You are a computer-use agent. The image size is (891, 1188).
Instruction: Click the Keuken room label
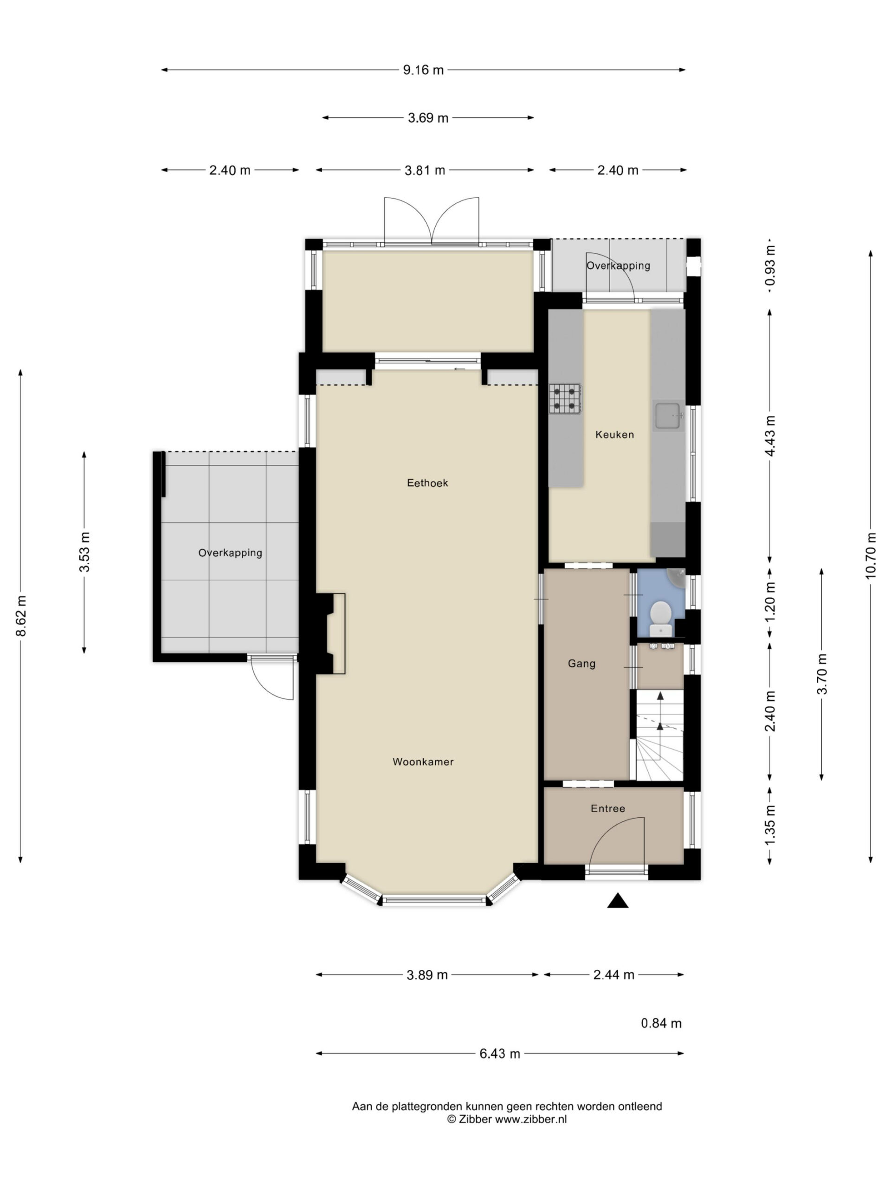(x=614, y=434)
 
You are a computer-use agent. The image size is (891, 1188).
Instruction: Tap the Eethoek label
(x=427, y=483)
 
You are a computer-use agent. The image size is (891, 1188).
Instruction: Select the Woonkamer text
(x=423, y=762)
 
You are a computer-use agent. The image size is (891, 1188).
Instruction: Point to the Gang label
(x=581, y=664)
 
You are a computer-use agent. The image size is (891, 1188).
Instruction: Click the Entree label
(x=608, y=808)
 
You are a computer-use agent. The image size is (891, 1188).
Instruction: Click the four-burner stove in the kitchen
(x=564, y=399)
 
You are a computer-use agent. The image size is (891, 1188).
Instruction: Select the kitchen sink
(x=668, y=416)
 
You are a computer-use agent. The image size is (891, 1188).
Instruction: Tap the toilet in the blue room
(x=660, y=619)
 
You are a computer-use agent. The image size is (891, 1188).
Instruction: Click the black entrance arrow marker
(x=618, y=901)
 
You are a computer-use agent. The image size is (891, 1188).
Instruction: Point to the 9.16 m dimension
(x=423, y=70)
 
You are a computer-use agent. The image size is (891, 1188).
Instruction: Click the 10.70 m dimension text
(x=871, y=556)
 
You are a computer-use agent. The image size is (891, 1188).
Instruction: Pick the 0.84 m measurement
(x=661, y=1023)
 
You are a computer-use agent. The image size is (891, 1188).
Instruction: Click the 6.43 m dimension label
(x=499, y=1054)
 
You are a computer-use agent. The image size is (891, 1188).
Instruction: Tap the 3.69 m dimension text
(x=428, y=117)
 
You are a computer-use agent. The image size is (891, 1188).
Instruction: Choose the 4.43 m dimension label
(x=770, y=436)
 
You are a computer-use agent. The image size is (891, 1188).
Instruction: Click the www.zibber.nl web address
(x=530, y=1119)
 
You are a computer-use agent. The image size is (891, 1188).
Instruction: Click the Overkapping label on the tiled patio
(x=230, y=553)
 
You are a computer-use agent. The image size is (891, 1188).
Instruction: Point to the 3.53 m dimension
(x=84, y=552)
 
